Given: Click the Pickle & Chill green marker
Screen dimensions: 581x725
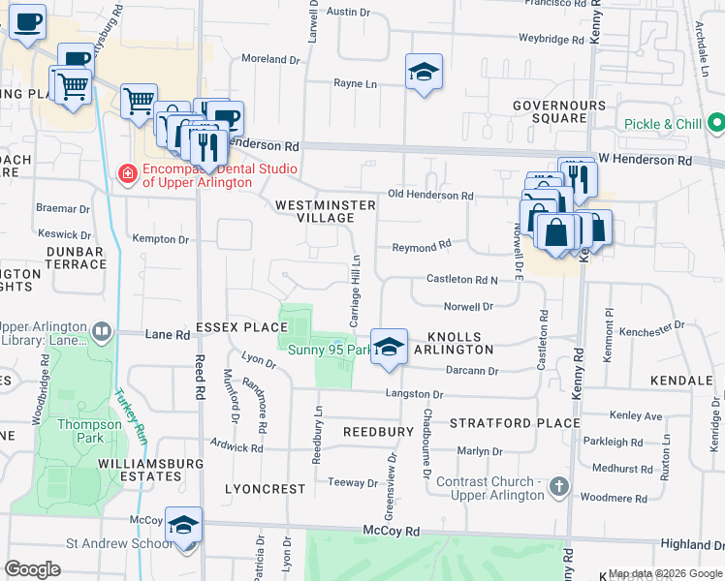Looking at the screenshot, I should coord(716,124).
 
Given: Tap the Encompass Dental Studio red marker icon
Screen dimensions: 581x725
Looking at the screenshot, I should coord(127,174).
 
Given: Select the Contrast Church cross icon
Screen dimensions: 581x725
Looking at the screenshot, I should coord(558,488).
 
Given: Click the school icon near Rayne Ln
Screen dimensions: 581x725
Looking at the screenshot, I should coord(424,73).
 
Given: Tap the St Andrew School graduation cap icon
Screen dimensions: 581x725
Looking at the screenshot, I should coord(183,525).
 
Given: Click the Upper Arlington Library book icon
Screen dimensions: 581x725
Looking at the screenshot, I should coord(101,333).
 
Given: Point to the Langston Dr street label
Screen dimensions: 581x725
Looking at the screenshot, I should coord(414,394).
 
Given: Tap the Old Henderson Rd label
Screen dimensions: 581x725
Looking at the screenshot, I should coord(430,196).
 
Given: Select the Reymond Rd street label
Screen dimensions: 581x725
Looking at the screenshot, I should coord(422,248).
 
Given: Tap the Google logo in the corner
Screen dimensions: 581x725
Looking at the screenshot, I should coord(32,569).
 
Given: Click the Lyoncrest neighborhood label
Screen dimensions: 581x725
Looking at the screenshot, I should coord(265,489).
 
